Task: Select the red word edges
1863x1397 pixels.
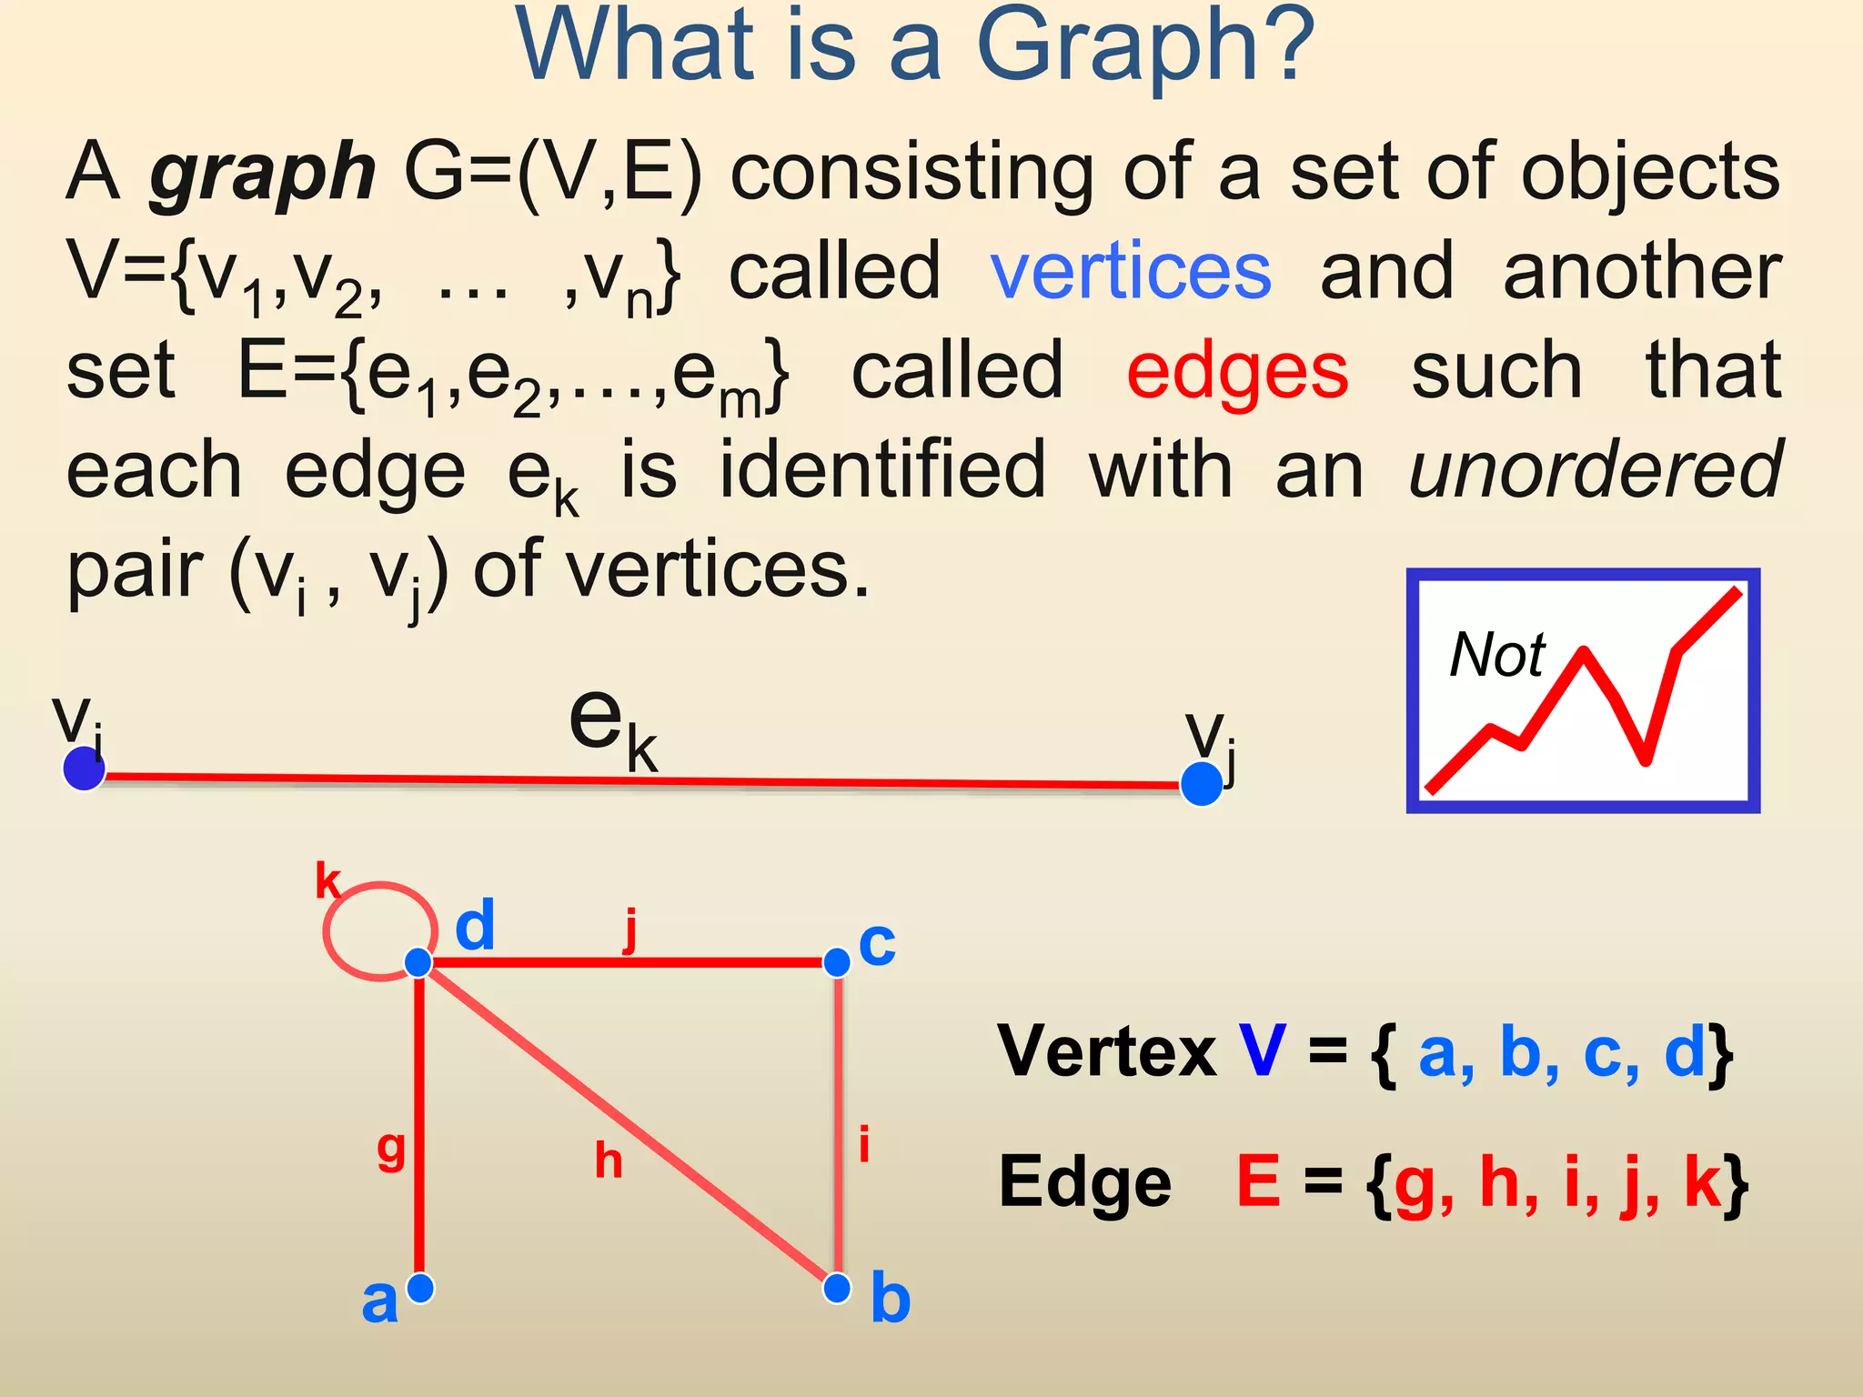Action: coord(1237,373)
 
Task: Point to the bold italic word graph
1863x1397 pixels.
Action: coord(262,173)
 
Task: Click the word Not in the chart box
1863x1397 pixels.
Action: coord(1497,655)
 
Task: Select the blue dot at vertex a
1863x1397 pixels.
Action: coord(420,1287)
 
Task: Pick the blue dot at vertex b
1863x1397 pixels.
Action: coord(837,1287)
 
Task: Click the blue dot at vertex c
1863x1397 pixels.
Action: coord(837,961)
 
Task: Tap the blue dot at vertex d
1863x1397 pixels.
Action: coord(418,961)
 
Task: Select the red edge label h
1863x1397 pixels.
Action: coord(609,1161)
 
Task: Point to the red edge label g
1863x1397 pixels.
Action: coord(391,1151)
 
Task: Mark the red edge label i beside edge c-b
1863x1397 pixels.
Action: coord(864,1144)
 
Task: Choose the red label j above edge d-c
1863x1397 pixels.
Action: coord(630,930)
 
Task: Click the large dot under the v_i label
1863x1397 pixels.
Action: coord(84,769)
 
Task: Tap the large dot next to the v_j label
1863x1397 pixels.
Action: coord(1201,784)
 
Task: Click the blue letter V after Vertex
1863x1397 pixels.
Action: coord(1262,1051)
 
